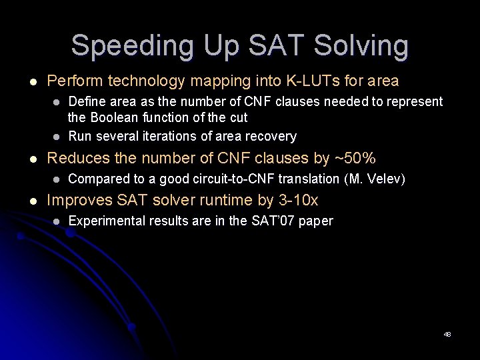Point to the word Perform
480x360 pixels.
[72, 81]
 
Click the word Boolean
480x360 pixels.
[116, 117]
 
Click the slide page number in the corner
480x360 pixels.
[447, 334]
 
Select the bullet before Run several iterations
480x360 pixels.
[57, 137]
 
